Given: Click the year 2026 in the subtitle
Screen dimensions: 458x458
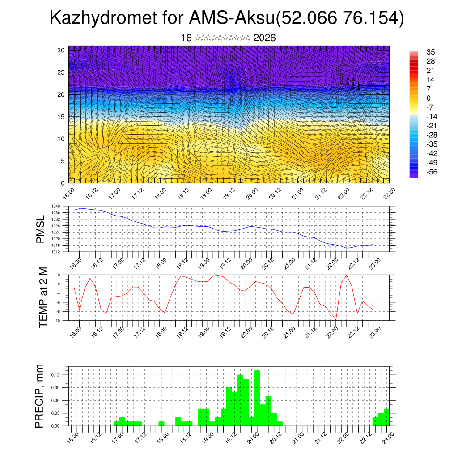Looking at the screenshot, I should (264, 38).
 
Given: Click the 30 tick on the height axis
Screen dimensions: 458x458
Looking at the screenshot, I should (61, 50).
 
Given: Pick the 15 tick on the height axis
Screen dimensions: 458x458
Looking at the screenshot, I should (61, 117).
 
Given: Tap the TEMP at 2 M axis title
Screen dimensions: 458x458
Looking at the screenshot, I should (43, 297).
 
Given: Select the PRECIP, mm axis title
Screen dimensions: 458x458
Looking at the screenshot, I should (40, 396).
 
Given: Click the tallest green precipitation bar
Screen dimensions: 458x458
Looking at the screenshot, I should (257, 398).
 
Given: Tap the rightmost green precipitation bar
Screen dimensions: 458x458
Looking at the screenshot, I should (386, 417).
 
